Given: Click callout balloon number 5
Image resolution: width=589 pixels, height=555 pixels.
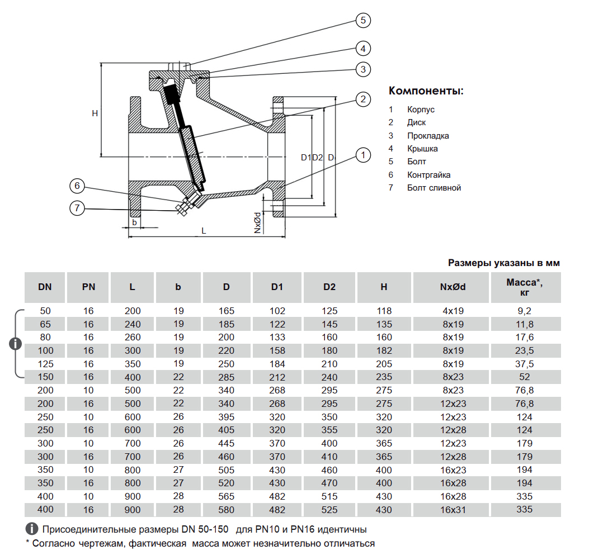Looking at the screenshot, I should tap(363, 21).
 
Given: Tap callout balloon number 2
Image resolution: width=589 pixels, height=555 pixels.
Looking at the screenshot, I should tap(363, 99).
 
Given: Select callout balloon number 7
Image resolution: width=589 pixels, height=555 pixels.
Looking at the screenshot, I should tap(77, 208).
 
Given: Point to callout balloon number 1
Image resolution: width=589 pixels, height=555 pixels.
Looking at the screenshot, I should tap(363, 155).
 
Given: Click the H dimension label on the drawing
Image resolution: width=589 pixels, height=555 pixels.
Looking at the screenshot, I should tap(95, 113).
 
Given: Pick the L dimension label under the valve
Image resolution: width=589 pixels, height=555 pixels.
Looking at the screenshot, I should tap(204, 230).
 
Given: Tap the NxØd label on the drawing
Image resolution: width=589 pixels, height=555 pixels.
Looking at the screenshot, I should tap(258, 222).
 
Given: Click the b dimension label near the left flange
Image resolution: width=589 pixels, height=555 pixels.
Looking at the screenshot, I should tap(134, 222).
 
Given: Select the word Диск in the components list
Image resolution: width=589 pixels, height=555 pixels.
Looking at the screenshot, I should tap(416, 122).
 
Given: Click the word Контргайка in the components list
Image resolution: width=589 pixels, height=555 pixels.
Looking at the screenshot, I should tap(428, 175).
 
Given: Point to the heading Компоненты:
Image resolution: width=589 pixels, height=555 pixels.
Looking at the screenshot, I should tap(426, 91).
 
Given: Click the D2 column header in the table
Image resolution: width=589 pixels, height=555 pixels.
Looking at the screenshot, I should tap(329, 287).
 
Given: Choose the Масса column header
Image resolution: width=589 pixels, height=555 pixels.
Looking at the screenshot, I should tap(524, 287).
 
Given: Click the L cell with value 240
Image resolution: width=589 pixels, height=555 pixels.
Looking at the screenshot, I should tap(132, 324).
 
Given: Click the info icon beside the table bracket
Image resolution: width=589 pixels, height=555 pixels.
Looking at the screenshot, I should tap(17, 344).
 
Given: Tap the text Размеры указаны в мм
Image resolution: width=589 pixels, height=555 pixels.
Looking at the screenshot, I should tap(503, 263).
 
